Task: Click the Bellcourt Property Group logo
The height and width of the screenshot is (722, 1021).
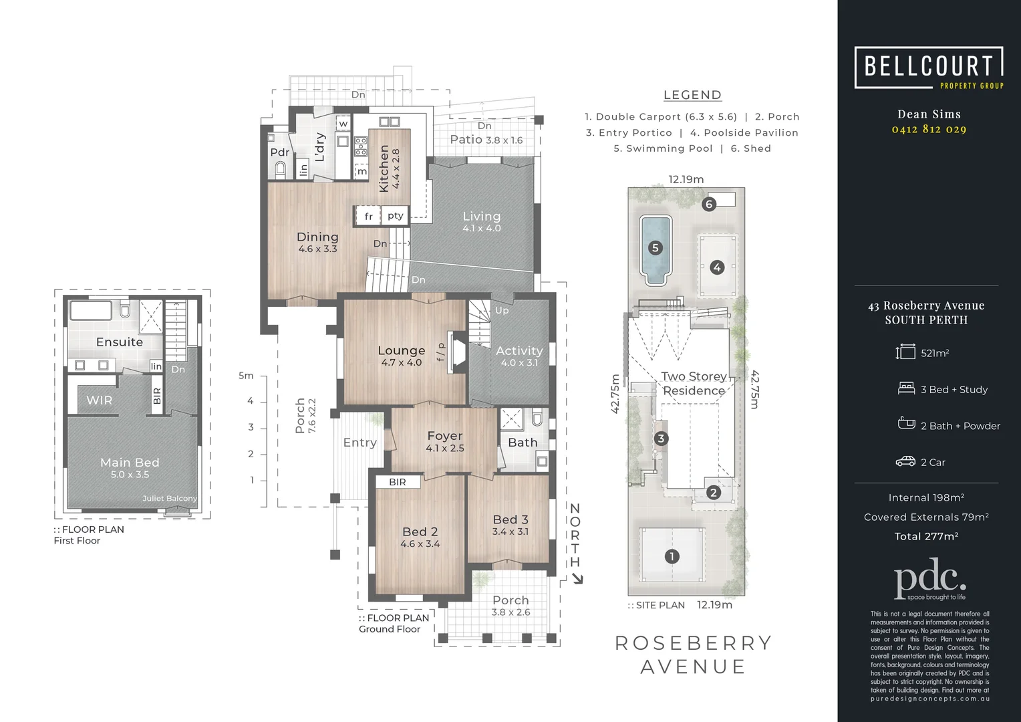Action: (929, 68)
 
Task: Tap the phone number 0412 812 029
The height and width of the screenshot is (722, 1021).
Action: (929, 129)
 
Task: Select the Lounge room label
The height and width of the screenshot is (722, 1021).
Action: (401, 351)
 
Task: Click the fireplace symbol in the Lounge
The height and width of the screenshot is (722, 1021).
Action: (458, 352)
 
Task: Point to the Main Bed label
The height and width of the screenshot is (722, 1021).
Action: (130, 463)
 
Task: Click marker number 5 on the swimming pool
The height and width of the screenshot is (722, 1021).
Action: (655, 248)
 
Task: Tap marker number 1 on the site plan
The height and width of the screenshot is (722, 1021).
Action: (672, 556)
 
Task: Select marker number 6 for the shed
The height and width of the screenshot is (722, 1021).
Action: (709, 204)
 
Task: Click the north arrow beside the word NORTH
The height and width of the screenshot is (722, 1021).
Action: (577, 579)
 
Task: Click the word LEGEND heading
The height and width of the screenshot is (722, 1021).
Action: (692, 95)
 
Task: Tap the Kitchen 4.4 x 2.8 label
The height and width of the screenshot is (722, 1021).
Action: (389, 168)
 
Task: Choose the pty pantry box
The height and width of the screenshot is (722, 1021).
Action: (396, 215)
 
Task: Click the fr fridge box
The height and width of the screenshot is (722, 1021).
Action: (368, 216)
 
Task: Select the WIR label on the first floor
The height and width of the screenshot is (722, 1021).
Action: (99, 400)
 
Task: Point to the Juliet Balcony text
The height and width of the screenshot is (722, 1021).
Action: (170, 499)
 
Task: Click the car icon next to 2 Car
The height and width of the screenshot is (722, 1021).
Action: (905, 462)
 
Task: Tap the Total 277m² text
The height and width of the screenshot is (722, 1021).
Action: (926, 536)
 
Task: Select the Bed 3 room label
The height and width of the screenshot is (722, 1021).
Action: (510, 520)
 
